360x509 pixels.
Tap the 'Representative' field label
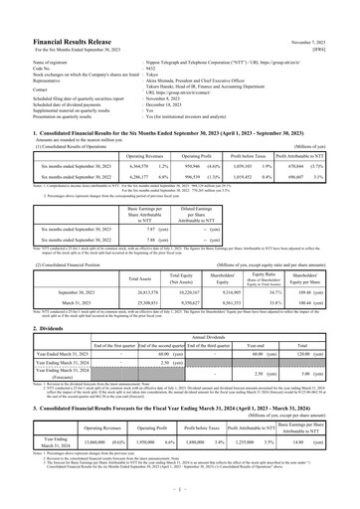tap(36, 53)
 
